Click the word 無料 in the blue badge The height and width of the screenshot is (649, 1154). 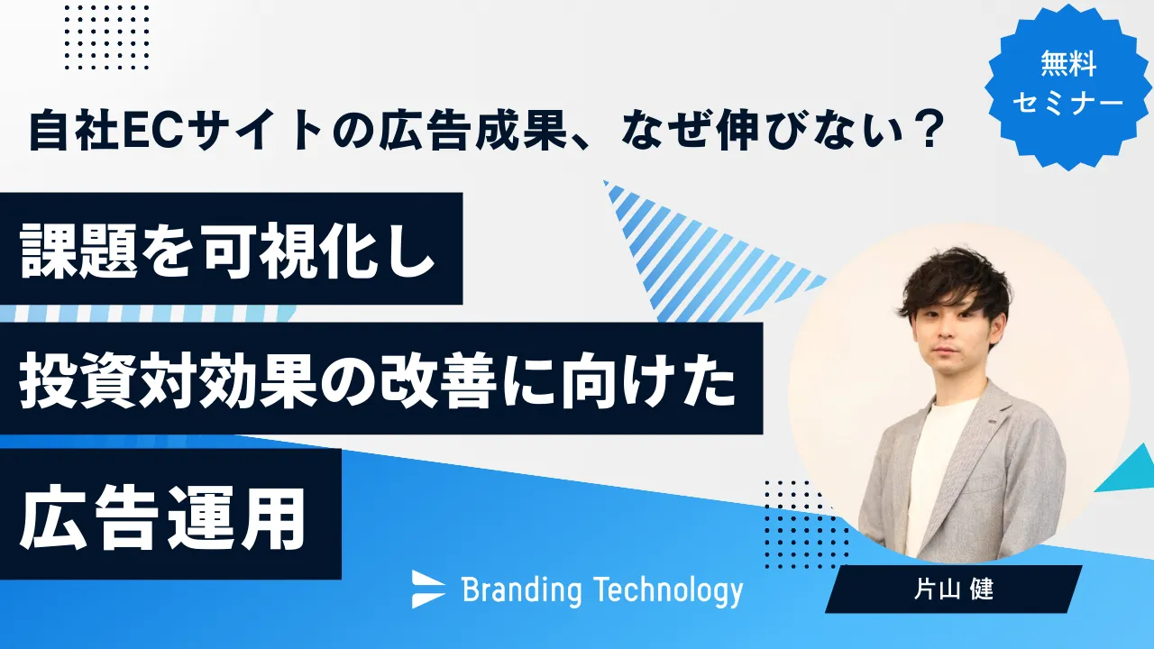pos(1068,64)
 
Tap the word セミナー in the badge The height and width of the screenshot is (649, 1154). pos(1068,103)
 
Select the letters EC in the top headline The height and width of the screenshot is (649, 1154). pos(151,131)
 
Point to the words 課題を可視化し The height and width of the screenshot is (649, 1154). pos(227,251)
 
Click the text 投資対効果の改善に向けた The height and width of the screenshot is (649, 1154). pos(378,381)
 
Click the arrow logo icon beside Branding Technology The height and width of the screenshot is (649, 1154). pos(428,589)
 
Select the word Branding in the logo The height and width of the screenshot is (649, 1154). pos(522,590)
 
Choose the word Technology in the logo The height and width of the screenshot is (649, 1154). pos(668,590)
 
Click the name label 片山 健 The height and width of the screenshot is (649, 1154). pos(954,590)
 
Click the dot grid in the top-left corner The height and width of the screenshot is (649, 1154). pos(106,37)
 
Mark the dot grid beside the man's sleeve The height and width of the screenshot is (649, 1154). pos(806,525)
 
